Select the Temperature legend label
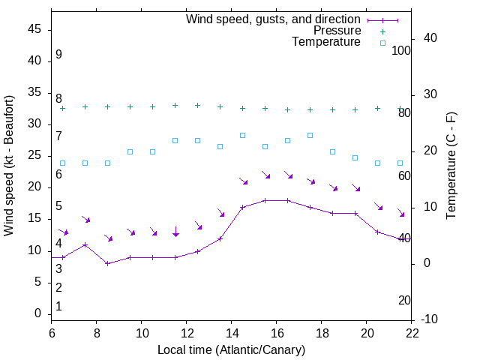[x=326, y=42]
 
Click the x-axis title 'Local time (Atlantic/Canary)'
[x=231, y=349]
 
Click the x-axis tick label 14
[x=232, y=333]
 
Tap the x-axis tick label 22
[x=412, y=333]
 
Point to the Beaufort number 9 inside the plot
[x=58, y=55]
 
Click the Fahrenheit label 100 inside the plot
[x=401, y=50]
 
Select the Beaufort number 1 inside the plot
[x=58, y=306]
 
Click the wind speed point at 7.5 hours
[x=85, y=244]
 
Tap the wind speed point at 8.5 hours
[x=108, y=263]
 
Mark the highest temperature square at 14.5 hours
[x=243, y=135]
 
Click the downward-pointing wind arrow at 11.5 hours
[x=175, y=232]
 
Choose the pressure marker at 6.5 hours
[x=63, y=108]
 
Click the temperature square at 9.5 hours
[x=130, y=151]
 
